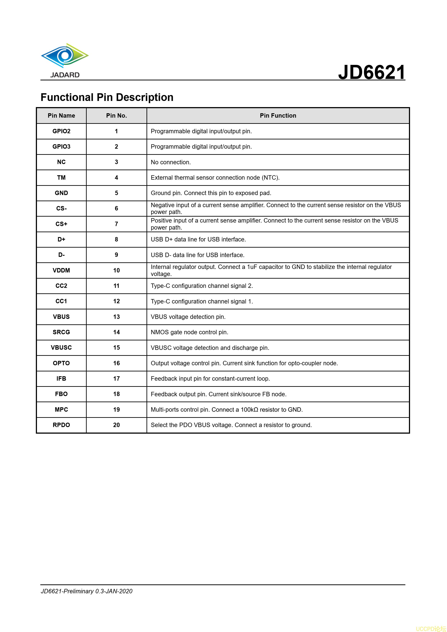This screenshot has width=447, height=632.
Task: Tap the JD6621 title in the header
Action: [x=372, y=72]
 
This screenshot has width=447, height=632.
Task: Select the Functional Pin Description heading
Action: [x=107, y=97]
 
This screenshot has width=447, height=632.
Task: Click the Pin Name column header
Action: [x=61, y=116]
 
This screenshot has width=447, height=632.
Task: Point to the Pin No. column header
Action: [x=117, y=116]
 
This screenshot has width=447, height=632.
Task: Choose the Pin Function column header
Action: [x=278, y=116]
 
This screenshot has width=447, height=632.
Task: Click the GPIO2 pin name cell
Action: [x=61, y=131]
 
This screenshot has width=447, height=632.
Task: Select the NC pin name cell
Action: [x=61, y=162]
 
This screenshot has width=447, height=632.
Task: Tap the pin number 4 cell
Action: [x=117, y=177]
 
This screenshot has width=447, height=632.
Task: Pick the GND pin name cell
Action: [x=61, y=193]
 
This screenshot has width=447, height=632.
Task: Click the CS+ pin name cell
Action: [x=61, y=224]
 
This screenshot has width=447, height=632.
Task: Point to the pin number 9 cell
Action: [x=117, y=255]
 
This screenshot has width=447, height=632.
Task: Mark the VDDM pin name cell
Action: [x=61, y=270]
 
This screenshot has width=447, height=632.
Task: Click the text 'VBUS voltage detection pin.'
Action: [x=188, y=317]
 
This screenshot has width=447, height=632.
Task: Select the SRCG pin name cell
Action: [x=61, y=332]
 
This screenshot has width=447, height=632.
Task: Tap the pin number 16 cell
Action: [x=117, y=363]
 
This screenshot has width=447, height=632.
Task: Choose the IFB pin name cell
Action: [x=61, y=378]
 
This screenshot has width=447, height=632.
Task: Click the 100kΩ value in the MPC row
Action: [x=249, y=410]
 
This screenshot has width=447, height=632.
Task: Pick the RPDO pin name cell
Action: [x=61, y=425]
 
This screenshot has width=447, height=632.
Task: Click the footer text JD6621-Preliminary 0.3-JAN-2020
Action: [x=86, y=591]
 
